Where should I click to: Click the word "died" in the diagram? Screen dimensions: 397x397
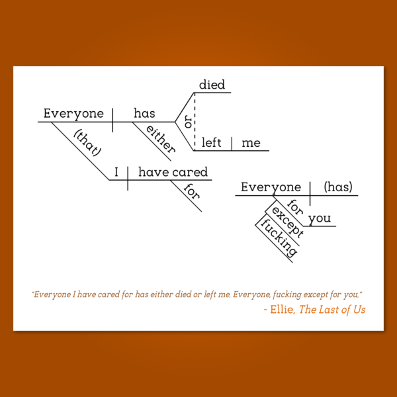point(212,85)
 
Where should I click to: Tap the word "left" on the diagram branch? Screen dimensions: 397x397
point(211,142)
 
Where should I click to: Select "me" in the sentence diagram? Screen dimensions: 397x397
point(251,144)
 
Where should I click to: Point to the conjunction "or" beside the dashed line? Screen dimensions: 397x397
point(188,122)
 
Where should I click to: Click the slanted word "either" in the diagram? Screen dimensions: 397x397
point(161,139)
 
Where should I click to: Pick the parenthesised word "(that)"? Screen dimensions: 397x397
point(88,142)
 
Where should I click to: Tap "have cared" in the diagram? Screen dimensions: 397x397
point(173,172)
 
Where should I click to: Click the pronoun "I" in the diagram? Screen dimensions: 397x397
point(116,172)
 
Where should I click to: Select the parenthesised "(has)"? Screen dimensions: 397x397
point(338,187)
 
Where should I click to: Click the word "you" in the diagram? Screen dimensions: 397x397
point(320,218)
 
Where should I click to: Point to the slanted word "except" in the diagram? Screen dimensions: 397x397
point(287,222)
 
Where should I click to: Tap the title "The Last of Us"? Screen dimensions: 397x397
point(332,310)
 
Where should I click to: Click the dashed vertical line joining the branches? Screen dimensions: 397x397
point(195,122)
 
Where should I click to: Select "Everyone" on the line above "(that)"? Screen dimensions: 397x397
point(73,113)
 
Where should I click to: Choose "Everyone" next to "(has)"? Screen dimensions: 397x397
point(271,187)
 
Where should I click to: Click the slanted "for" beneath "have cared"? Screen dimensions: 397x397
point(192,191)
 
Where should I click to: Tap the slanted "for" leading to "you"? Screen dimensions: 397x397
point(295,207)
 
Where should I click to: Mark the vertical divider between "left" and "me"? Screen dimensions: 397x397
point(232,144)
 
